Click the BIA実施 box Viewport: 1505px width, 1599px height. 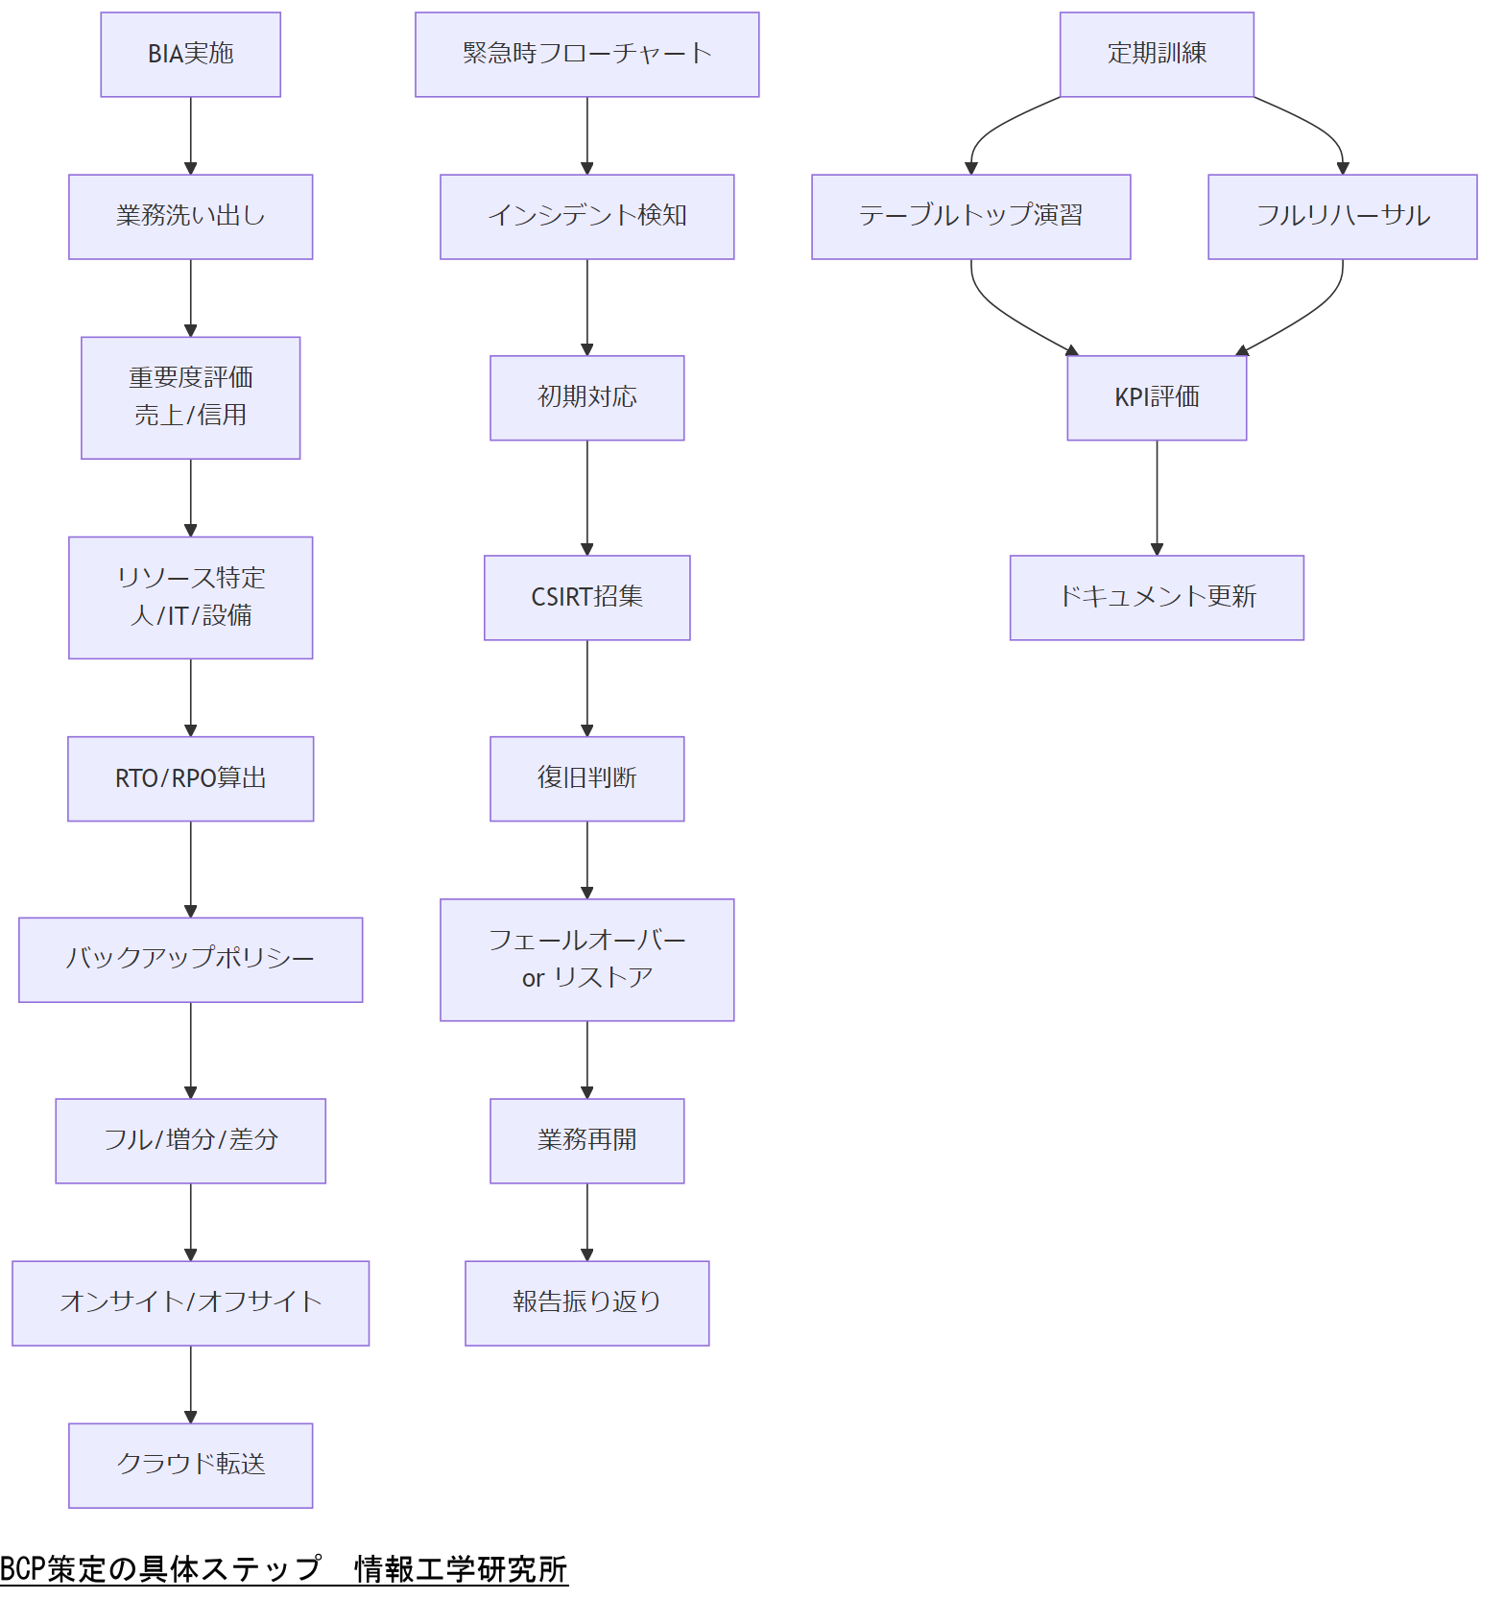190,55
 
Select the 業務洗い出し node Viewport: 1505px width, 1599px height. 190,217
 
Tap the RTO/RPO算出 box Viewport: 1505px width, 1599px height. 190,778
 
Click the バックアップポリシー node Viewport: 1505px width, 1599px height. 190,960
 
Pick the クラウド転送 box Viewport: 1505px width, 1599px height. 190,1465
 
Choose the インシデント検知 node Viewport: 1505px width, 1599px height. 586,217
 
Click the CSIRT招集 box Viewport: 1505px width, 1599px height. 586,597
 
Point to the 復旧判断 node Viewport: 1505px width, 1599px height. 586,778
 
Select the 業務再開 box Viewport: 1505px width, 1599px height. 586,1140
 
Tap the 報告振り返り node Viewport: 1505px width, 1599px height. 586,1302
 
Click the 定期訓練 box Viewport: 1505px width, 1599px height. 1157,55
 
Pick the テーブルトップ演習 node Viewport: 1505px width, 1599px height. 970,217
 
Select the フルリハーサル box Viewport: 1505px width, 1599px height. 1342,217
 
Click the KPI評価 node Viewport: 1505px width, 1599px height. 1157,397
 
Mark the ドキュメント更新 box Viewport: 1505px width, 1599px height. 1157,597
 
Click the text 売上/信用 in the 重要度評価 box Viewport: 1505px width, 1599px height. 190,416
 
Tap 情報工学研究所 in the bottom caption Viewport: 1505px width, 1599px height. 461,1568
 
